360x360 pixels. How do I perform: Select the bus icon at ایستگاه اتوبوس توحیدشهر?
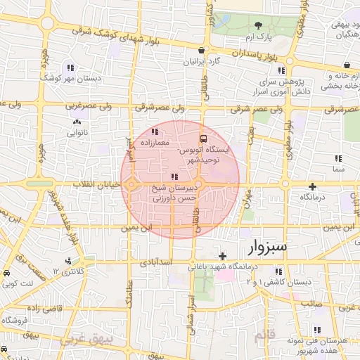203,139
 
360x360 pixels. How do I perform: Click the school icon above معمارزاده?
155,131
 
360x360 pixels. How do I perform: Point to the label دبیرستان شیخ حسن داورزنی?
174,193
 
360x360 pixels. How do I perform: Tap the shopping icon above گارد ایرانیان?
202,51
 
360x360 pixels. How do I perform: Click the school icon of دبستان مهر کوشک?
70,68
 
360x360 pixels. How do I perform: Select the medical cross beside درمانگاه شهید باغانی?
223,256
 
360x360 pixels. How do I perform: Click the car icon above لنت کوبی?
5,272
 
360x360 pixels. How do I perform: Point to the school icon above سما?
340,159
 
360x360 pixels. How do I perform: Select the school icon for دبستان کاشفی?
279,271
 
